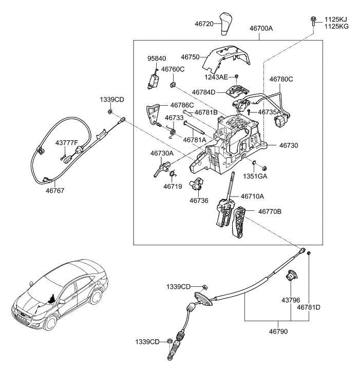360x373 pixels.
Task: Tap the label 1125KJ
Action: (335, 19)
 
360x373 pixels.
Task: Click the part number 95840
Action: (157, 58)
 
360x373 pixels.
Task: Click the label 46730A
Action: (162, 153)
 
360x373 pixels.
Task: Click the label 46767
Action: (53, 190)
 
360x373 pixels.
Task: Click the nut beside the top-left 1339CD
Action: (110, 111)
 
